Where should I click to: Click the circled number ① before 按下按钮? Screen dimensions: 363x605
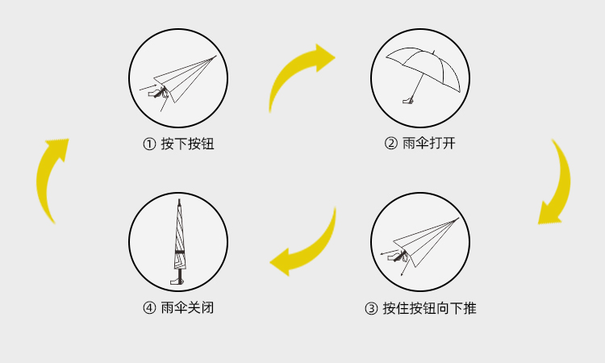pos(148,144)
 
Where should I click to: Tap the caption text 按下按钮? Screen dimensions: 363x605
pos(187,144)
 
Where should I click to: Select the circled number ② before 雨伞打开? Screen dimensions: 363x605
pos(390,144)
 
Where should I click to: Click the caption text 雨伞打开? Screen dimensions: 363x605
pos(429,144)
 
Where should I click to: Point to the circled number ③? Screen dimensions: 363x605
pos(371,308)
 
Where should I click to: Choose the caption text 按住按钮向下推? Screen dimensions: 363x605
pos(429,308)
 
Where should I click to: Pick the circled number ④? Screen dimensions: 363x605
pos(148,308)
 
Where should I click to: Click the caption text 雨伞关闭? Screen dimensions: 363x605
pos(187,308)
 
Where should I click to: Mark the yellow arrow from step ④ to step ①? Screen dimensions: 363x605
pos(50,179)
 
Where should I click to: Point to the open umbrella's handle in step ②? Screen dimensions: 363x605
pos(408,101)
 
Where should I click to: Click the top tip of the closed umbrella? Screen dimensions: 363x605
pos(179,201)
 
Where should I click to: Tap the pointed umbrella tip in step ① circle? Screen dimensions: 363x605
pos(215,56)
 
